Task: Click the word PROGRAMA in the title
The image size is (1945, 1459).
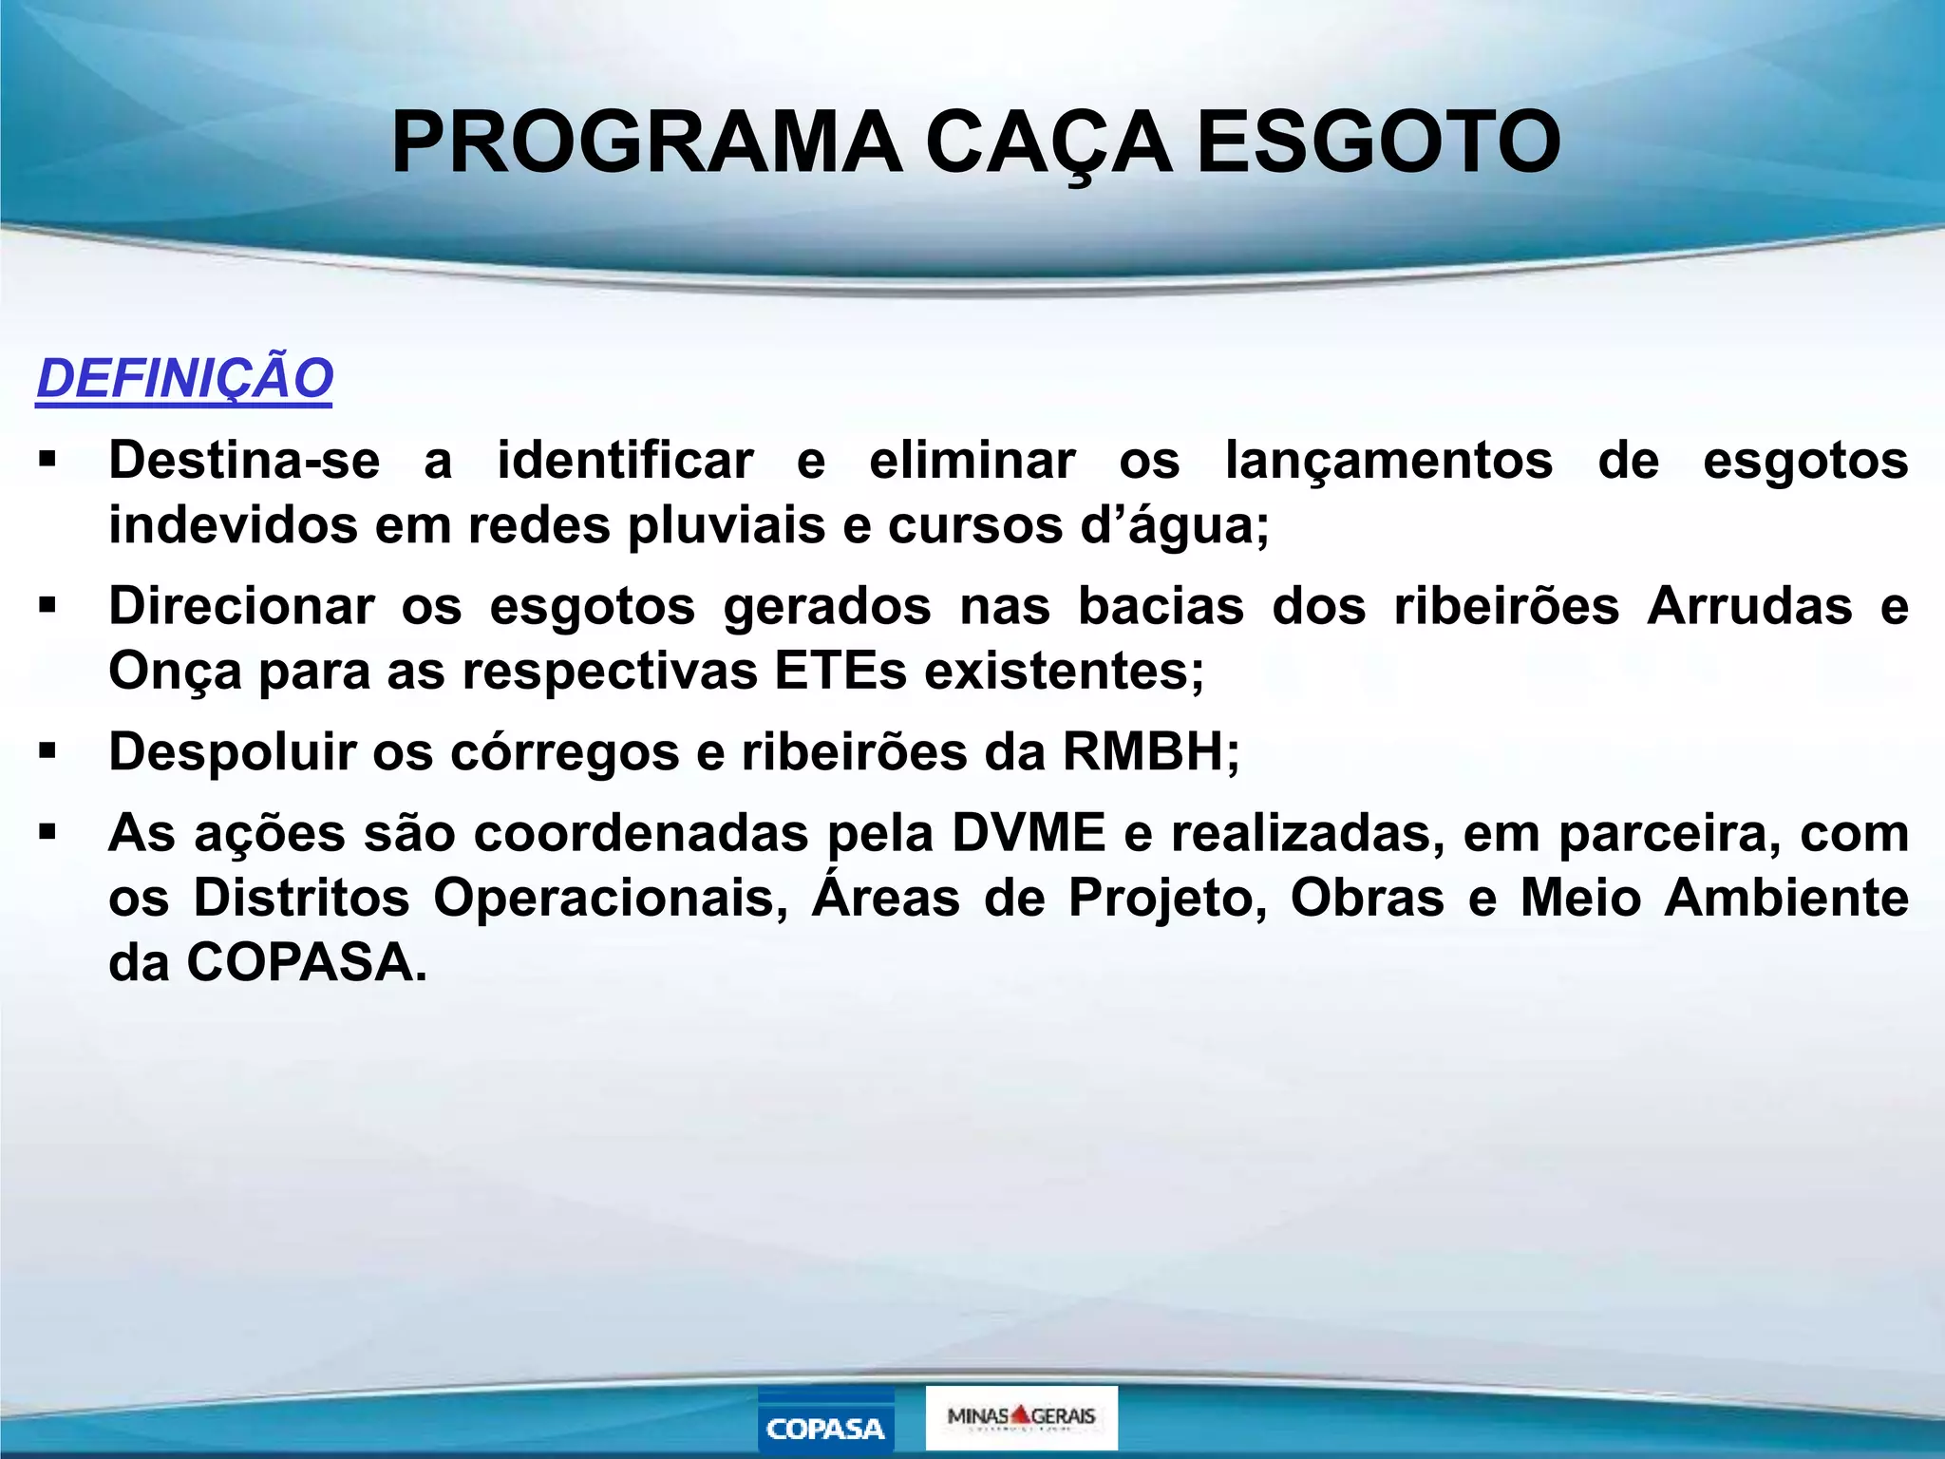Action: click(x=647, y=142)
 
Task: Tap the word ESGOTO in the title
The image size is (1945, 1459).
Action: click(x=1378, y=142)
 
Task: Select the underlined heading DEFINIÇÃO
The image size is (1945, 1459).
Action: click(x=185, y=378)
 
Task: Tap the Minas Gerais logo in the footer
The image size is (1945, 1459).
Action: click(x=1021, y=1416)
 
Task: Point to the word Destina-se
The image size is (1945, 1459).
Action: click(x=244, y=461)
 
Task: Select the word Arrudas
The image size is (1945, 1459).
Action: click(x=1749, y=606)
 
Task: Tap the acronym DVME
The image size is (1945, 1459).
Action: click(x=1029, y=833)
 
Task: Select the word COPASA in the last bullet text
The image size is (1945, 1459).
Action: click(x=300, y=962)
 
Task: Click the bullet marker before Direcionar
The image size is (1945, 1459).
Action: click(x=47, y=605)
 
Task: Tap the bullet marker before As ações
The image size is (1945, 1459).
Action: click(x=47, y=833)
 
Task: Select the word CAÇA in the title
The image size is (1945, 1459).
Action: click(x=1048, y=144)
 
